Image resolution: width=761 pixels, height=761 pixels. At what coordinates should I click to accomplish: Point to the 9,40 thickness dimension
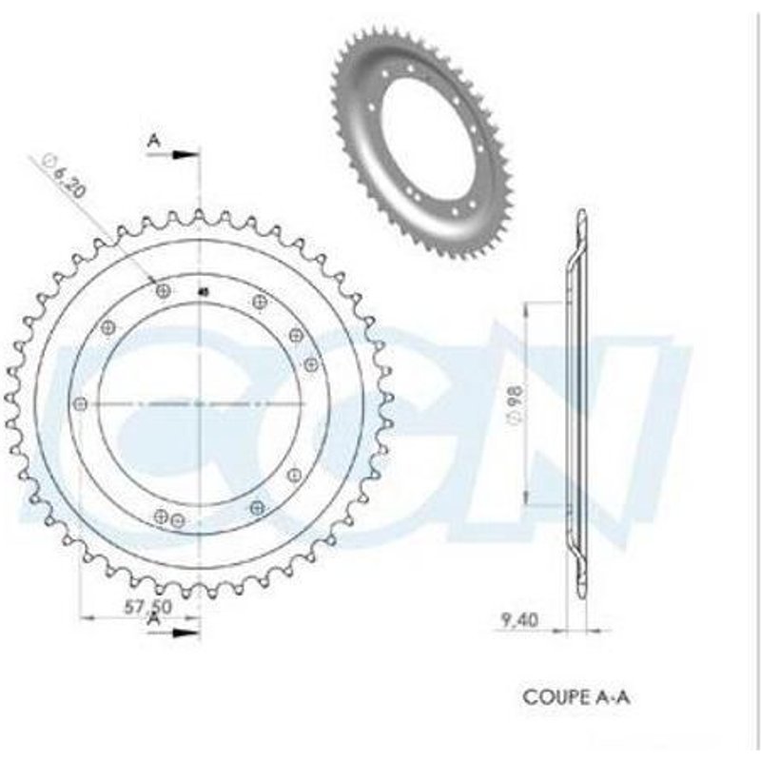coord(519,621)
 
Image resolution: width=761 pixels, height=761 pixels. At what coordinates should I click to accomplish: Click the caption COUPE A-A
coord(576,696)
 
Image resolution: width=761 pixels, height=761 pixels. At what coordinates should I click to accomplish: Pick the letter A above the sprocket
coord(153,140)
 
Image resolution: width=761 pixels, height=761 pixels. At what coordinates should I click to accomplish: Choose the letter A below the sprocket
coord(153,619)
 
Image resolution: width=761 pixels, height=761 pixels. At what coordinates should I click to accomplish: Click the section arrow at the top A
coord(185,153)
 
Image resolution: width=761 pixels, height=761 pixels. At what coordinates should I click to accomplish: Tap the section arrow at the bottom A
coord(185,629)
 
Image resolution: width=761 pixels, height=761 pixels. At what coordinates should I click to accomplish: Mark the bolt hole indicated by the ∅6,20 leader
coord(164,290)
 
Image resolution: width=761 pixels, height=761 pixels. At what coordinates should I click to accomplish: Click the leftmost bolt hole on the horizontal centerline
coord(80,404)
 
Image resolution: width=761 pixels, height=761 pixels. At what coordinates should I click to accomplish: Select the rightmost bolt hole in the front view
coord(310,363)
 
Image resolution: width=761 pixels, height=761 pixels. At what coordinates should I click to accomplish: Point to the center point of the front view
coord(201,404)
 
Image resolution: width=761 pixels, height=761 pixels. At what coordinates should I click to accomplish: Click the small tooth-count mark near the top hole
coord(203,292)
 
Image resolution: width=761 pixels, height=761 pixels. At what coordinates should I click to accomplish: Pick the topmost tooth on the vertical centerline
coord(201,215)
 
